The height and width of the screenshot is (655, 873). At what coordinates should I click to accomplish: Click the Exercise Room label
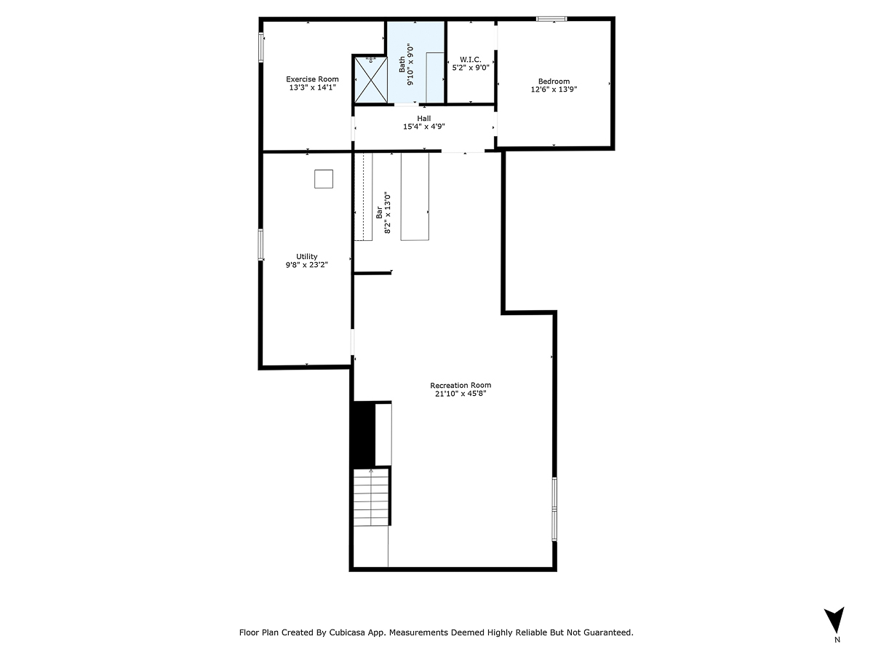click(x=312, y=79)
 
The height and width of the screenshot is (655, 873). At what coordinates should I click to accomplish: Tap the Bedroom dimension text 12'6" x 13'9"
click(x=554, y=90)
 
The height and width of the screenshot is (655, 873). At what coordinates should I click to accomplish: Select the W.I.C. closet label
click(x=471, y=59)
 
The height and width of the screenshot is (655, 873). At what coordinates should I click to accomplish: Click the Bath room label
click(x=402, y=65)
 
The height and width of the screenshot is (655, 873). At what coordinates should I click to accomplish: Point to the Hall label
click(x=423, y=118)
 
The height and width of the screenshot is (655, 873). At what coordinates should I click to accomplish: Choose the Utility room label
click(x=306, y=256)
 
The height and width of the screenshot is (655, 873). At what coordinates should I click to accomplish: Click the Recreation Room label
click(x=460, y=385)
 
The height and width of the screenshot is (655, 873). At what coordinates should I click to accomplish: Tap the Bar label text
click(x=379, y=213)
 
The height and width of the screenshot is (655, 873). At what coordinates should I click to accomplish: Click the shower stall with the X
click(x=369, y=79)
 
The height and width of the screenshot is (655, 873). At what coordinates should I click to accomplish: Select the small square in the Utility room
click(x=324, y=179)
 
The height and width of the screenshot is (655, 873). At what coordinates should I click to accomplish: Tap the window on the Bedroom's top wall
click(x=551, y=19)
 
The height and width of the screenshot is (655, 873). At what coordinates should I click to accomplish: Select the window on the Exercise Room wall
click(x=261, y=47)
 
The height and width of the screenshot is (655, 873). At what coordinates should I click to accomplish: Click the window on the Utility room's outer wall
click(x=260, y=245)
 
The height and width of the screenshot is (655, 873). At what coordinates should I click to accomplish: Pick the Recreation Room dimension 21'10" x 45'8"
click(x=460, y=394)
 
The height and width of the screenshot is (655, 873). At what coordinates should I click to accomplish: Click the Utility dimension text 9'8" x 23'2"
click(x=306, y=266)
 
